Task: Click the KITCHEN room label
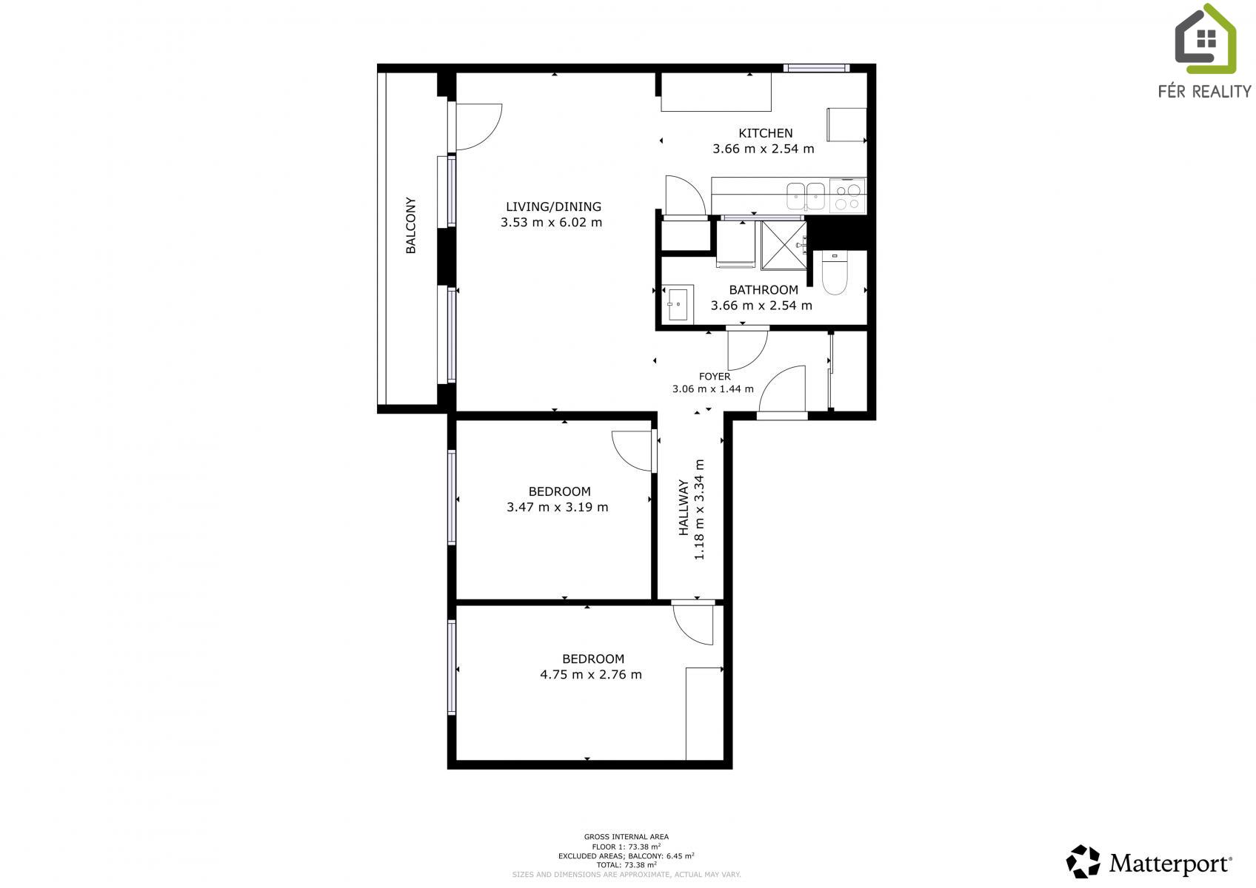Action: tap(766, 133)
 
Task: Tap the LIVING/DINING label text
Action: tap(553, 206)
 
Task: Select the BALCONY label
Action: tap(411, 225)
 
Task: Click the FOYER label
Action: tap(715, 377)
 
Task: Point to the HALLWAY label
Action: tap(684, 507)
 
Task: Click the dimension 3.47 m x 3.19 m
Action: tap(558, 507)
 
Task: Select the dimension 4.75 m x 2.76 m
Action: tap(591, 675)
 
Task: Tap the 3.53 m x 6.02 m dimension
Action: tap(551, 223)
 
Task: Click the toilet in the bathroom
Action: tap(835, 273)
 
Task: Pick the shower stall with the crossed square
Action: tap(784, 246)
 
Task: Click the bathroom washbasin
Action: tap(678, 304)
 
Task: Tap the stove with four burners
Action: tap(847, 195)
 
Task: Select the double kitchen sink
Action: tap(806, 196)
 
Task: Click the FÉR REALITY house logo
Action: tap(1205, 39)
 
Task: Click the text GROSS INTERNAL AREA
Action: tap(627, 837)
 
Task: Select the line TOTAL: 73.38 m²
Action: tap(627, 865)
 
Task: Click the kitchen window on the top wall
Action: tap(816, 68)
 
